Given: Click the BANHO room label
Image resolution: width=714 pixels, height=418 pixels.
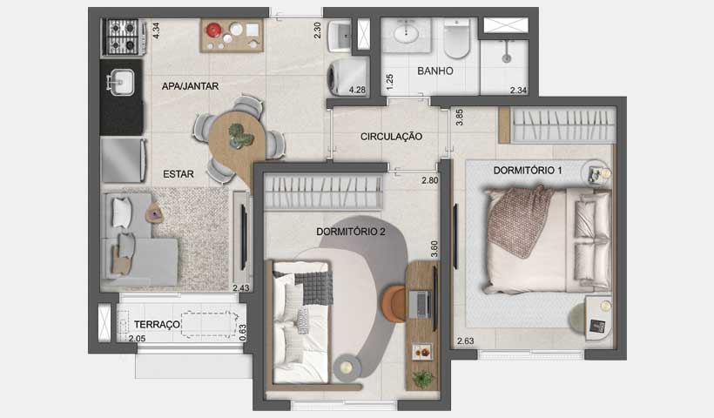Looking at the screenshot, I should click(434, 71).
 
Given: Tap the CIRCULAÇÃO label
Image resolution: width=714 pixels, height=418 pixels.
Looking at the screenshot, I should click(392, 137).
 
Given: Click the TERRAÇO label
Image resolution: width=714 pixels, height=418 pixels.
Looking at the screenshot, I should click(158, 324).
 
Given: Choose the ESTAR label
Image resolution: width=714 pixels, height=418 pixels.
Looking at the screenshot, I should click(178, 174).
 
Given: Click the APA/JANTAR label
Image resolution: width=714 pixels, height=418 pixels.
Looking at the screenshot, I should click(190, 85).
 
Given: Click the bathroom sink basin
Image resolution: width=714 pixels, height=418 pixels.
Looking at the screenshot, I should click(406, 35).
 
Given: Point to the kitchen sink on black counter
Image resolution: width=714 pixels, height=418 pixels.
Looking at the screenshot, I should click(120, 84).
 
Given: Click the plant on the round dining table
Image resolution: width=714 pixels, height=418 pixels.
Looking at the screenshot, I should click(237, 135).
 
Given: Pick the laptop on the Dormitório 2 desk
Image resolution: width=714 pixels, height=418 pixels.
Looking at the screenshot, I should click(421, 301).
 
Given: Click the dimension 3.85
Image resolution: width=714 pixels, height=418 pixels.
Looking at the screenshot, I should click(459, 118).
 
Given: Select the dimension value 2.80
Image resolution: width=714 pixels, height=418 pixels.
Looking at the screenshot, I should click(429, 181).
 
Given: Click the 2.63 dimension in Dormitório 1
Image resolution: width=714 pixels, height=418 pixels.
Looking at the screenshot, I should click(467, 341).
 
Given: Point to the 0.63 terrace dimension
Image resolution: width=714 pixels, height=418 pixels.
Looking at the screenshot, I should click(243, 333).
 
